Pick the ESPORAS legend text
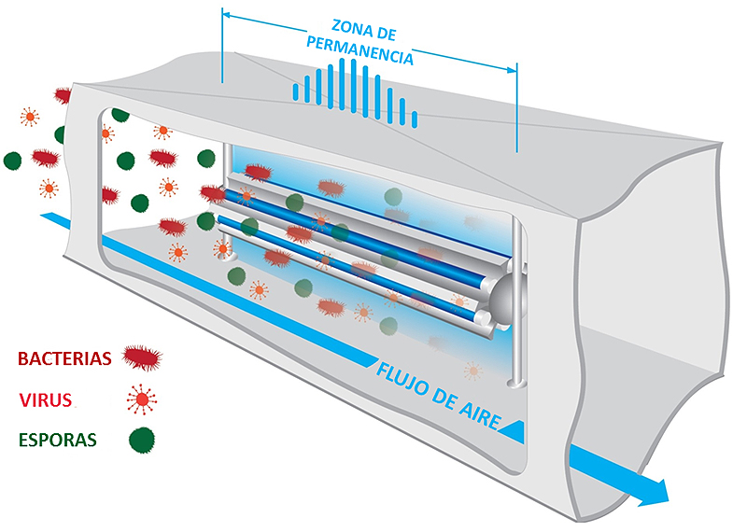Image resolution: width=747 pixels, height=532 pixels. coord(56,440)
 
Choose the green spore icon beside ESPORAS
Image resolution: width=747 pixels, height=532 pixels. coord(141,439)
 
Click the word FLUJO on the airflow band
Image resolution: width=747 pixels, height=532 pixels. coord(402,375)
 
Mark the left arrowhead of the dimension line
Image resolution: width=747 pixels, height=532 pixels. coord(227,16)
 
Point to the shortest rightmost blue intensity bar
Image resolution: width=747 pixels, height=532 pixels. coord(415,119)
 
